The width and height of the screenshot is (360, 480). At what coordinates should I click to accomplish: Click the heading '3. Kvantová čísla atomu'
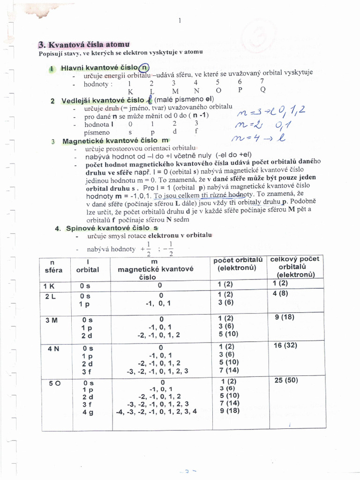[80, 45]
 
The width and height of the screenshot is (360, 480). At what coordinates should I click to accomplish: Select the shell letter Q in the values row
[263, 89]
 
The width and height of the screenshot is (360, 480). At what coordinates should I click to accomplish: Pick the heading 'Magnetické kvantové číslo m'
[115, 141]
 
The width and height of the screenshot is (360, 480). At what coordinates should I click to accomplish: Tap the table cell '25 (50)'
[286, 380]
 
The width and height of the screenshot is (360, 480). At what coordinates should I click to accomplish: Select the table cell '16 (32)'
[285, 345]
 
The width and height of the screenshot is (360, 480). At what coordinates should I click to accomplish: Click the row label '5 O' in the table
[55, 382]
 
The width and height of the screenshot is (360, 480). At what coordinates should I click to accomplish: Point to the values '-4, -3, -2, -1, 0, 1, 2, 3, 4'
[157, 411]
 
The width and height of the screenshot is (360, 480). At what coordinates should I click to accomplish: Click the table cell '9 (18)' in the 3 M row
[284, 316]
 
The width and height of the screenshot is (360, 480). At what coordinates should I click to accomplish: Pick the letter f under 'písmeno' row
[196, 132]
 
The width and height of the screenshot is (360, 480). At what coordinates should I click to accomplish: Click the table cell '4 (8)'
[280, 294]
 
